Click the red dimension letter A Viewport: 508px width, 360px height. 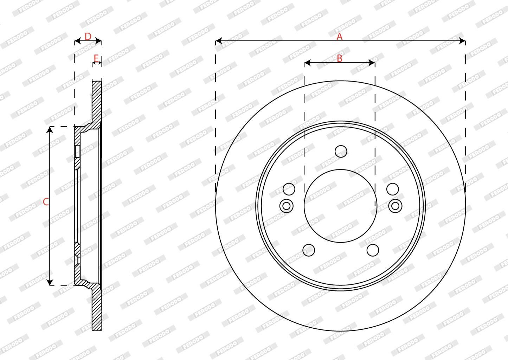(x=339, y=37)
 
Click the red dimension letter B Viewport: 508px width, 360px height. (x=339, y=58)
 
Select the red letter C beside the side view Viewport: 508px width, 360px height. (x=45, y=202)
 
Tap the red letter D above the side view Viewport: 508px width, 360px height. (x=88, y=37)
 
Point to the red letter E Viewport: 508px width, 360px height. (x=96, y=58)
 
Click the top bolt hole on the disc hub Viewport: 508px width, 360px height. (x=341, y=152)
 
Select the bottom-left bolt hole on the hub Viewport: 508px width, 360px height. (x=309, y=250)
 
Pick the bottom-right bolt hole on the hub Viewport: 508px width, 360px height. (x=373, y=250)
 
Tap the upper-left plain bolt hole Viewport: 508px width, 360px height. (x=289, y=189)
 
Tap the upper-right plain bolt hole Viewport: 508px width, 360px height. (x=393, y=189)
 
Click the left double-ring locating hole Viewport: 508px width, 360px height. (x=286, y=206)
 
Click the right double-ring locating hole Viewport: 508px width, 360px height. (x=396, y=206)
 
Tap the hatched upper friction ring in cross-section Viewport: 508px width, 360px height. (x=97, y=100)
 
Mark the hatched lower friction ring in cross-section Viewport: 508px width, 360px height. (x=97, y=309)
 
